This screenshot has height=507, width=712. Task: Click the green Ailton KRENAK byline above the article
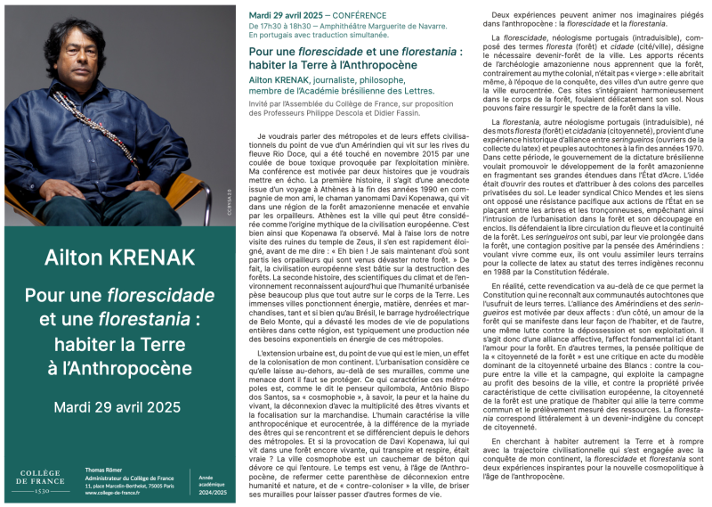click(x=287, y=78)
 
